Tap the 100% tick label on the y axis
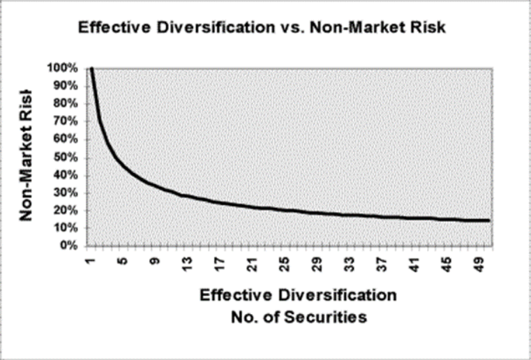(62, 68)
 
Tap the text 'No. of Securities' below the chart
(298, 317)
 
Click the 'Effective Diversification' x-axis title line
(298, 295)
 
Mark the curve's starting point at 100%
(91, 68)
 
